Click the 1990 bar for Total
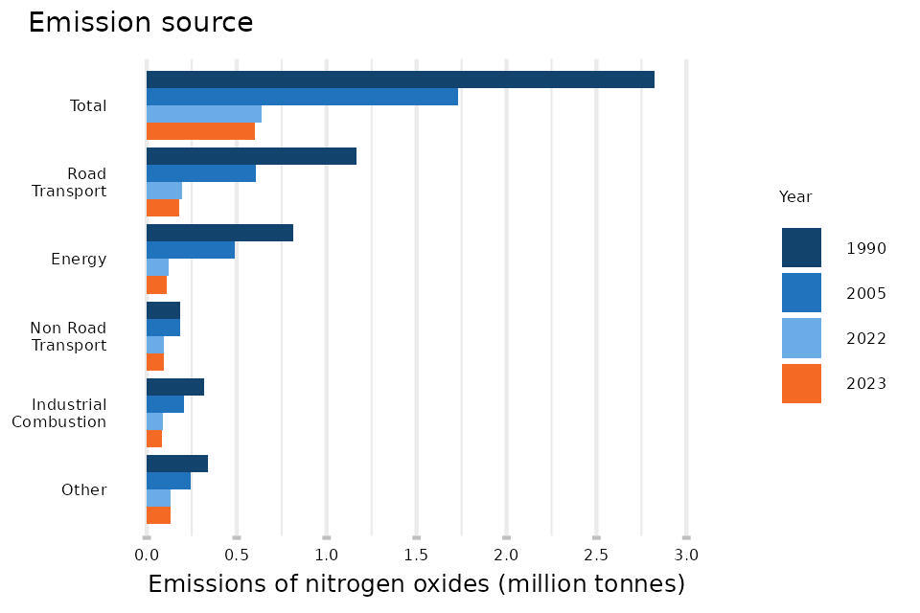click(x=400, y=79)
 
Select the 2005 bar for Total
click(x=302, y=97)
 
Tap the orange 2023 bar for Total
click(x=200, y=131)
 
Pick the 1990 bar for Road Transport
click(x=251, y=156)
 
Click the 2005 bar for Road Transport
click(x=201, y=173)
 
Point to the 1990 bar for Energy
click(x=219, y=233)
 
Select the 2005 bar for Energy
click(x=191, y=250)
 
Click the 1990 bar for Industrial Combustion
click(x=175, y=387)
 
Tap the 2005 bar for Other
click(x=169, y=481)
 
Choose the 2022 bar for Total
click(x=204, y=114)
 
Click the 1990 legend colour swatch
click(x=801, y=247)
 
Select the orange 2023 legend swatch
click(x=801, y=383)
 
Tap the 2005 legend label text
click(x=865, y=294)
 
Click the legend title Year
click(x=795, y=197)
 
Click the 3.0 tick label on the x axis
click(x=686, y=555)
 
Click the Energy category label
click(x=79, y=260)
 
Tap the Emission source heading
click(x=140, y=23)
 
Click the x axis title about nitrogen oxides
click(x=416, y=584)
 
